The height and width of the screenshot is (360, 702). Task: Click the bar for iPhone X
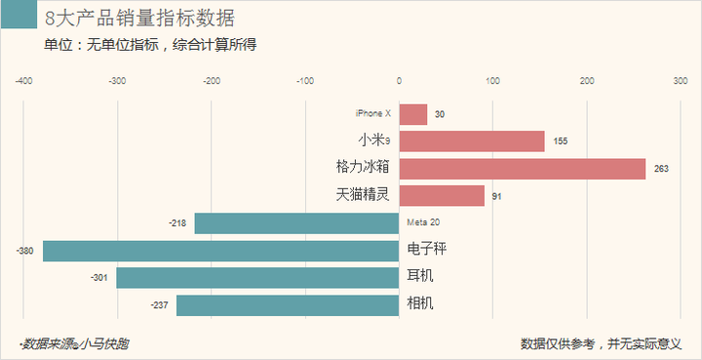[413, 114]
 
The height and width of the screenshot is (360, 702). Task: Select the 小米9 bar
[472, 141]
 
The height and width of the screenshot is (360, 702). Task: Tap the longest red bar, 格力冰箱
[523, 169]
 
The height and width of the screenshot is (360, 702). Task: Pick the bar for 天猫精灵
[442, 196]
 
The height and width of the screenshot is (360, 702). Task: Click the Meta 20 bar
[296, 223]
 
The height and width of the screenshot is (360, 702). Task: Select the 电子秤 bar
[220, 251]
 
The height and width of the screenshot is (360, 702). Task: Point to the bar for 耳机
[257, 278]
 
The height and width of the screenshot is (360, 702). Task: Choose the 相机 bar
[288, 305]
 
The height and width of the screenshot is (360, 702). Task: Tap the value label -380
[25, 252]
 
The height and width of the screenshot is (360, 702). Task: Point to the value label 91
[497, 197]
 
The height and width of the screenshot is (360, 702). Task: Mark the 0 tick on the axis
[399, 81]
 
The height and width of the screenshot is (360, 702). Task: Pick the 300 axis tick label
[680, 81]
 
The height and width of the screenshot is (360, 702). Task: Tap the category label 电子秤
[427, 250]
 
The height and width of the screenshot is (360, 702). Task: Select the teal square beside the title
[19, 18]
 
